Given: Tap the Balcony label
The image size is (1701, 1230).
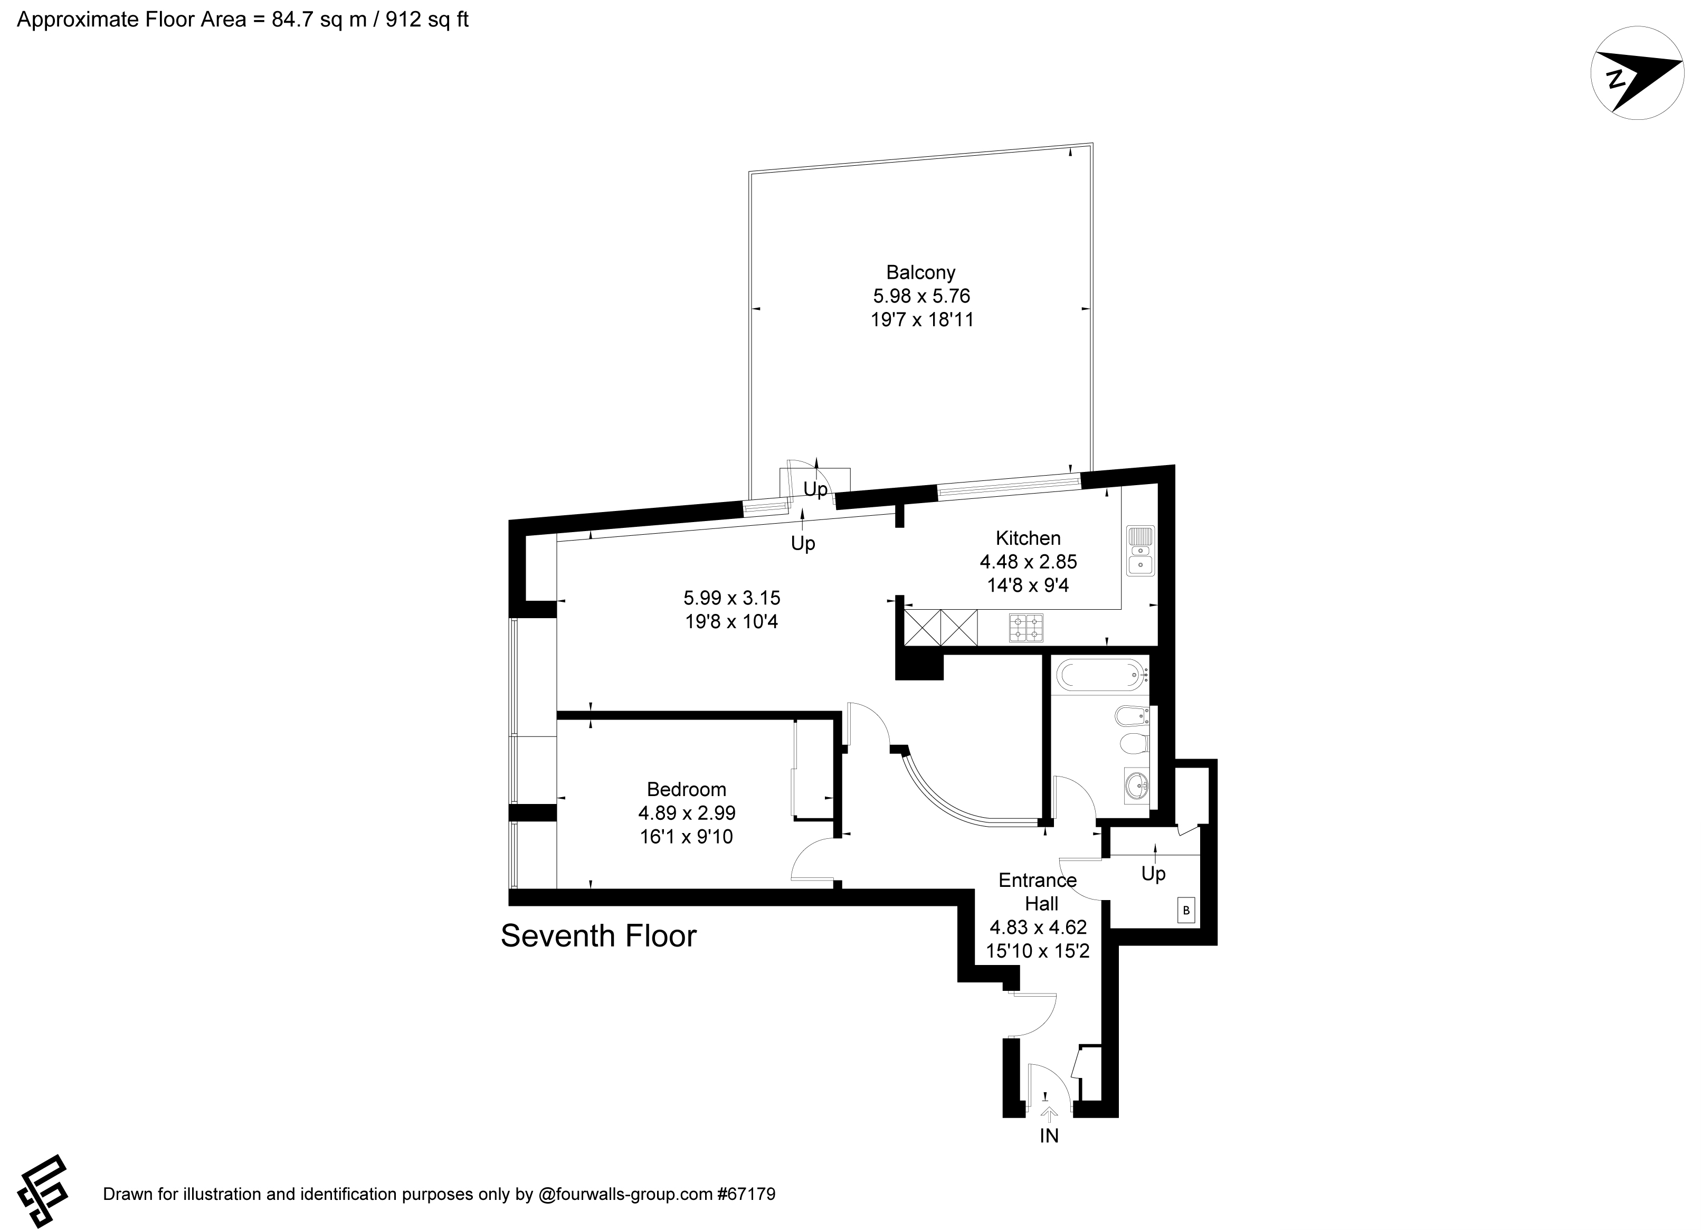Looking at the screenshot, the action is (x=920, y=272).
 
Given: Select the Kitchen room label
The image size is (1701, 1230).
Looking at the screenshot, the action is (x=1028, y=538).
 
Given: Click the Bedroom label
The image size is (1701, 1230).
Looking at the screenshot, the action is (x=686, y=789).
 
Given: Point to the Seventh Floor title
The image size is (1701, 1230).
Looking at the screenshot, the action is (x=598, y=935).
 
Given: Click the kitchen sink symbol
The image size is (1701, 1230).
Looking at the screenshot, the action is (x=1140, y=551).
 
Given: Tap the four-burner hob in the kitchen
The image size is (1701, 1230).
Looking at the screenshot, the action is (x=1027, y=628).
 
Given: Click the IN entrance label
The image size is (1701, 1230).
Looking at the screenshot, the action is (x=1049, y=1136).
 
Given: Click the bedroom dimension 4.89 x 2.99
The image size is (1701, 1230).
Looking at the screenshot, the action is (x=686, y=813).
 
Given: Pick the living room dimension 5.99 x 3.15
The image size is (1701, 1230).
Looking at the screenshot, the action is (x=731, y=598).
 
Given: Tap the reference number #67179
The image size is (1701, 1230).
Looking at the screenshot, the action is (x=746, y=1194).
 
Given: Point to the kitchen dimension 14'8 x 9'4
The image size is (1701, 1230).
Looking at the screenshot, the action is (x=1028, y=585).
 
